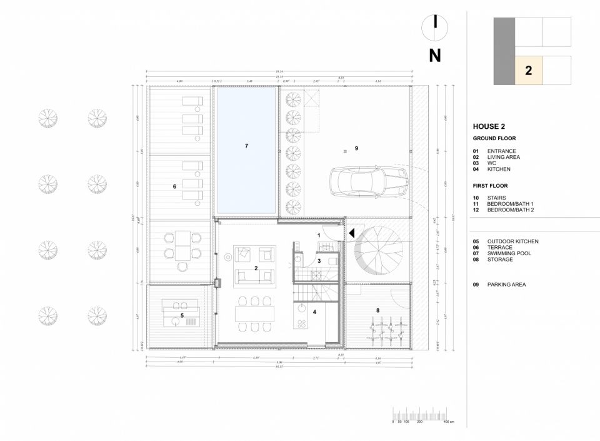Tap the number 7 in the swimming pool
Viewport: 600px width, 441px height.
point(246,146)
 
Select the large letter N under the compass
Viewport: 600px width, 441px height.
point(435,55)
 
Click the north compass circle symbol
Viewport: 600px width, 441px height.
point(435,25)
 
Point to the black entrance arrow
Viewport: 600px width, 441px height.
point(352,233)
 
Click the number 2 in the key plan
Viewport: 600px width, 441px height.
point(528,70)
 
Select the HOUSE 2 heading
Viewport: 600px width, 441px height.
point(489,126)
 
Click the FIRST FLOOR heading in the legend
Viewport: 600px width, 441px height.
point(490,186)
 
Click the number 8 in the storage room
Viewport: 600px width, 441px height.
point(377,310)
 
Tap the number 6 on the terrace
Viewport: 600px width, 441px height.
point(174,186)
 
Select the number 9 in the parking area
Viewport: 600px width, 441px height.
point(356,148)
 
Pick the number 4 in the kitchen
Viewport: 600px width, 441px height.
point(314,312)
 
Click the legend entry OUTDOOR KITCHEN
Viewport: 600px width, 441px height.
point(512,241)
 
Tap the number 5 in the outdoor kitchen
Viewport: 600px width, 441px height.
point(182,316)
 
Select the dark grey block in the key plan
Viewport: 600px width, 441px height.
point(504,51)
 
